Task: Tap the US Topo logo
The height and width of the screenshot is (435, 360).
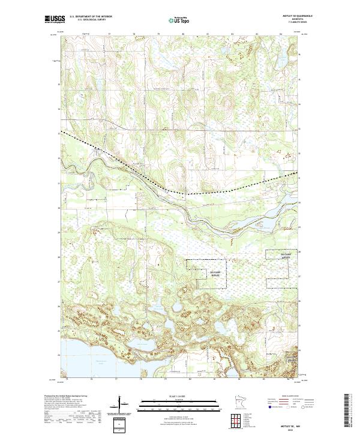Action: (x=173, y=20)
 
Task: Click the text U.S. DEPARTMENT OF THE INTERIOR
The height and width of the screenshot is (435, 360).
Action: (x=91, y=17)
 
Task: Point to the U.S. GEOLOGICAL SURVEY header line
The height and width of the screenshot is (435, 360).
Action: (x=86, y=20)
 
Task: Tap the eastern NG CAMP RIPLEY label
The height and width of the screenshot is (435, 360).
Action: (x=273, y=254)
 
